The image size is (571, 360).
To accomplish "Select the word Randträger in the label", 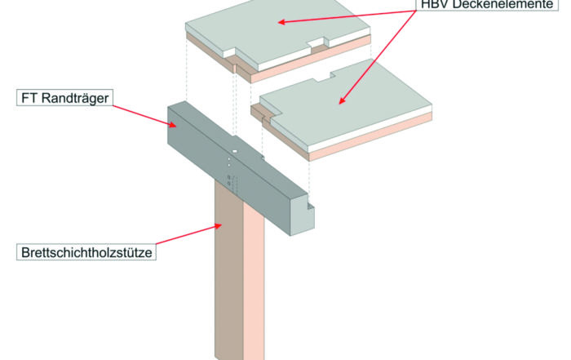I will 77,100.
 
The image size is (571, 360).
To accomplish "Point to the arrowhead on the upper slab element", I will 280,21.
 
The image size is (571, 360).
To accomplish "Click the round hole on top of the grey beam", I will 234,151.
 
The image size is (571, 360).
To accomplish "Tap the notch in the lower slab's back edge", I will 322,78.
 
